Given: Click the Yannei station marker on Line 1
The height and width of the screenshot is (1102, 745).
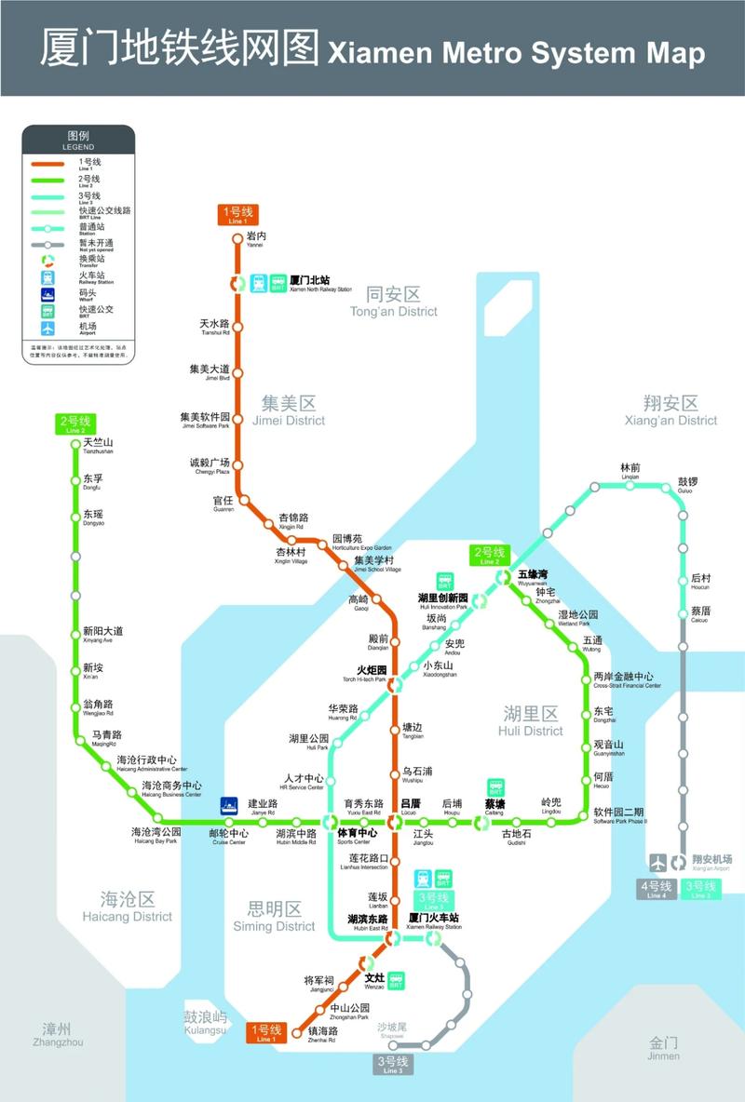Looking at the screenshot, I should pos(237,238).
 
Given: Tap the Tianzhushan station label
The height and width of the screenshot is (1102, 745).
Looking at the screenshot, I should pos(98,446).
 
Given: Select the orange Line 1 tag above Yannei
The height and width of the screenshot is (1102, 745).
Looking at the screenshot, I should pos(237,215).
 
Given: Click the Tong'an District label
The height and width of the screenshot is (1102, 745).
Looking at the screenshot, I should pos(393,302).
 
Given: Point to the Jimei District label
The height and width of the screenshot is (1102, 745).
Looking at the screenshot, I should pos(289,410).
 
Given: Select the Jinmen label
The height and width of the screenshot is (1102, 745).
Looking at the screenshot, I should pos(664,1048).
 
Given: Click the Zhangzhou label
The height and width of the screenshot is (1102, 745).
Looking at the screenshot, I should pos(57,1034).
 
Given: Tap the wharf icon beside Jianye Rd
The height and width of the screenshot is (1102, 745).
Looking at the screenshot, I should pos(229,805).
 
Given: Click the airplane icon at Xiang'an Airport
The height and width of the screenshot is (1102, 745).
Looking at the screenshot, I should pos(658,862).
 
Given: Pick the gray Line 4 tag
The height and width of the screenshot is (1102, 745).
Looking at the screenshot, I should pos(657,889).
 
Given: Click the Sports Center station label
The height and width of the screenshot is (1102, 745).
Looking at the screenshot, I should pos(358,836).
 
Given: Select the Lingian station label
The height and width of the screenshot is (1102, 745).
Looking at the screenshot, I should pos(630,471).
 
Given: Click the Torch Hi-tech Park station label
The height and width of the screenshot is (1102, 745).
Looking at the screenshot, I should pos(371,673).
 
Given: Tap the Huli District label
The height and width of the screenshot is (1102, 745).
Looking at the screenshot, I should pos(531,720).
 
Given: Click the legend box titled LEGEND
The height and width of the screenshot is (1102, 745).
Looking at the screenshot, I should pos(78,242).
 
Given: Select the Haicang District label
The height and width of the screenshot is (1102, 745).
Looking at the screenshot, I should pos(128,906).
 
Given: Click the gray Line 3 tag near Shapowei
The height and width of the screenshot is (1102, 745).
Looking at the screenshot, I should pos(392,1065).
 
